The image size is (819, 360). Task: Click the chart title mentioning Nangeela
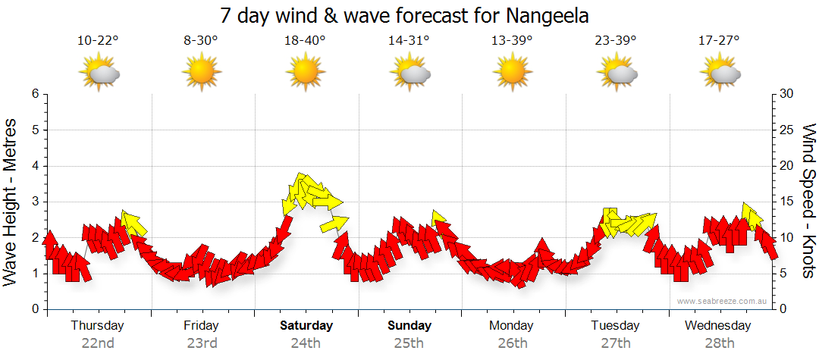(404, 15)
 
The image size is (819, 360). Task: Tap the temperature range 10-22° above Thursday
(98, 40)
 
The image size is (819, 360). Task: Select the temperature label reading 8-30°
(201, 40)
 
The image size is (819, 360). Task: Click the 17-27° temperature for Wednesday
(719, 40)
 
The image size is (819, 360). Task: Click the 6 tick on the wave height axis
(34, 94)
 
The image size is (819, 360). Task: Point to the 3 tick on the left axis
(34, 202)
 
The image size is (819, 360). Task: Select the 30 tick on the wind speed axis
(787, 94)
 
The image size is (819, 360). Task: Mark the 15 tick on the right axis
(787, 202)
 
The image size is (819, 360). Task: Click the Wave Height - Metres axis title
(11, 202)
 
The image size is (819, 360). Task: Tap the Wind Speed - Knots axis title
(808, 202)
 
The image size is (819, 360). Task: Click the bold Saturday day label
(306, 326)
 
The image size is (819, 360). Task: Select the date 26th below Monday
(513, 343)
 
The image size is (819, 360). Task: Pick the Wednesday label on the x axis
(717, 326)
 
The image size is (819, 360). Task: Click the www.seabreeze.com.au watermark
(723, 301)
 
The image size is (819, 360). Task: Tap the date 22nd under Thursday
(98, 343)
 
